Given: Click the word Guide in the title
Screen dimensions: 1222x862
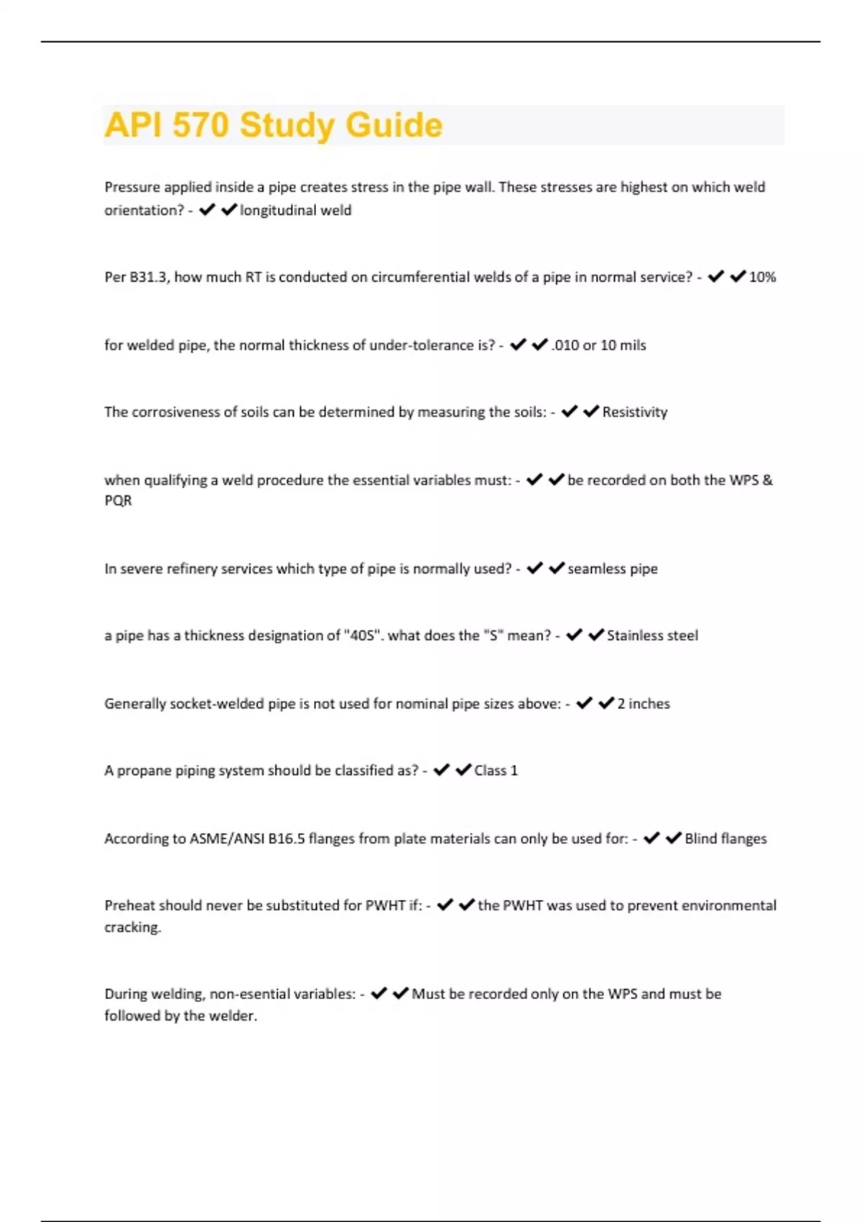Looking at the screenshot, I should pyautogui.click(x=394, y=126).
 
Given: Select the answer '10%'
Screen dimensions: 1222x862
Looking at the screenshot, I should pyautogui.click(x=762, y=277).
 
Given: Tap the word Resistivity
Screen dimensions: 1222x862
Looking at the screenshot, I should pyautogui.click(x=635, y=413).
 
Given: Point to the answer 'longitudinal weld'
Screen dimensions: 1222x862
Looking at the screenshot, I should pyautogui.click(x=295, y=211).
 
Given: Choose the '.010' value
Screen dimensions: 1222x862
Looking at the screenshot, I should pyautogui.click(x=565, y=346).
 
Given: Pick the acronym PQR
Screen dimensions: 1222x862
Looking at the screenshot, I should pyautogui.click(x=119, y=501).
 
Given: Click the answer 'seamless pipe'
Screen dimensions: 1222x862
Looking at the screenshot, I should pyautogui.click(x=613, y=569).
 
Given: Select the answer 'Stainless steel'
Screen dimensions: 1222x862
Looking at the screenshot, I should pyautogui.click(x=652, y=636).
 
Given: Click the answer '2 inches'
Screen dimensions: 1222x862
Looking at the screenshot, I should pyautogui.click(x=644, y=704).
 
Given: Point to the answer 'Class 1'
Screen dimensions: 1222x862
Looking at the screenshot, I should pyautogui.click(x=496, y=771).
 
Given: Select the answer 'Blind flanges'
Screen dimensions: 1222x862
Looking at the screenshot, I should pyautogui.click(x=726, y=839).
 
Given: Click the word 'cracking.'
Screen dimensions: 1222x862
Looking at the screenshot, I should pyautogui.click(x=133, y=927).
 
